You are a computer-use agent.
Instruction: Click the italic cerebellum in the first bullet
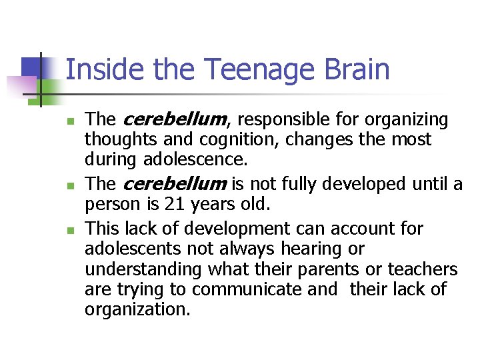coord(175,120)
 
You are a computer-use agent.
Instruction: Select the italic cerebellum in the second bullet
coord(175,183)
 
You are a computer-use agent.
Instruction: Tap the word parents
coord(305,270)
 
